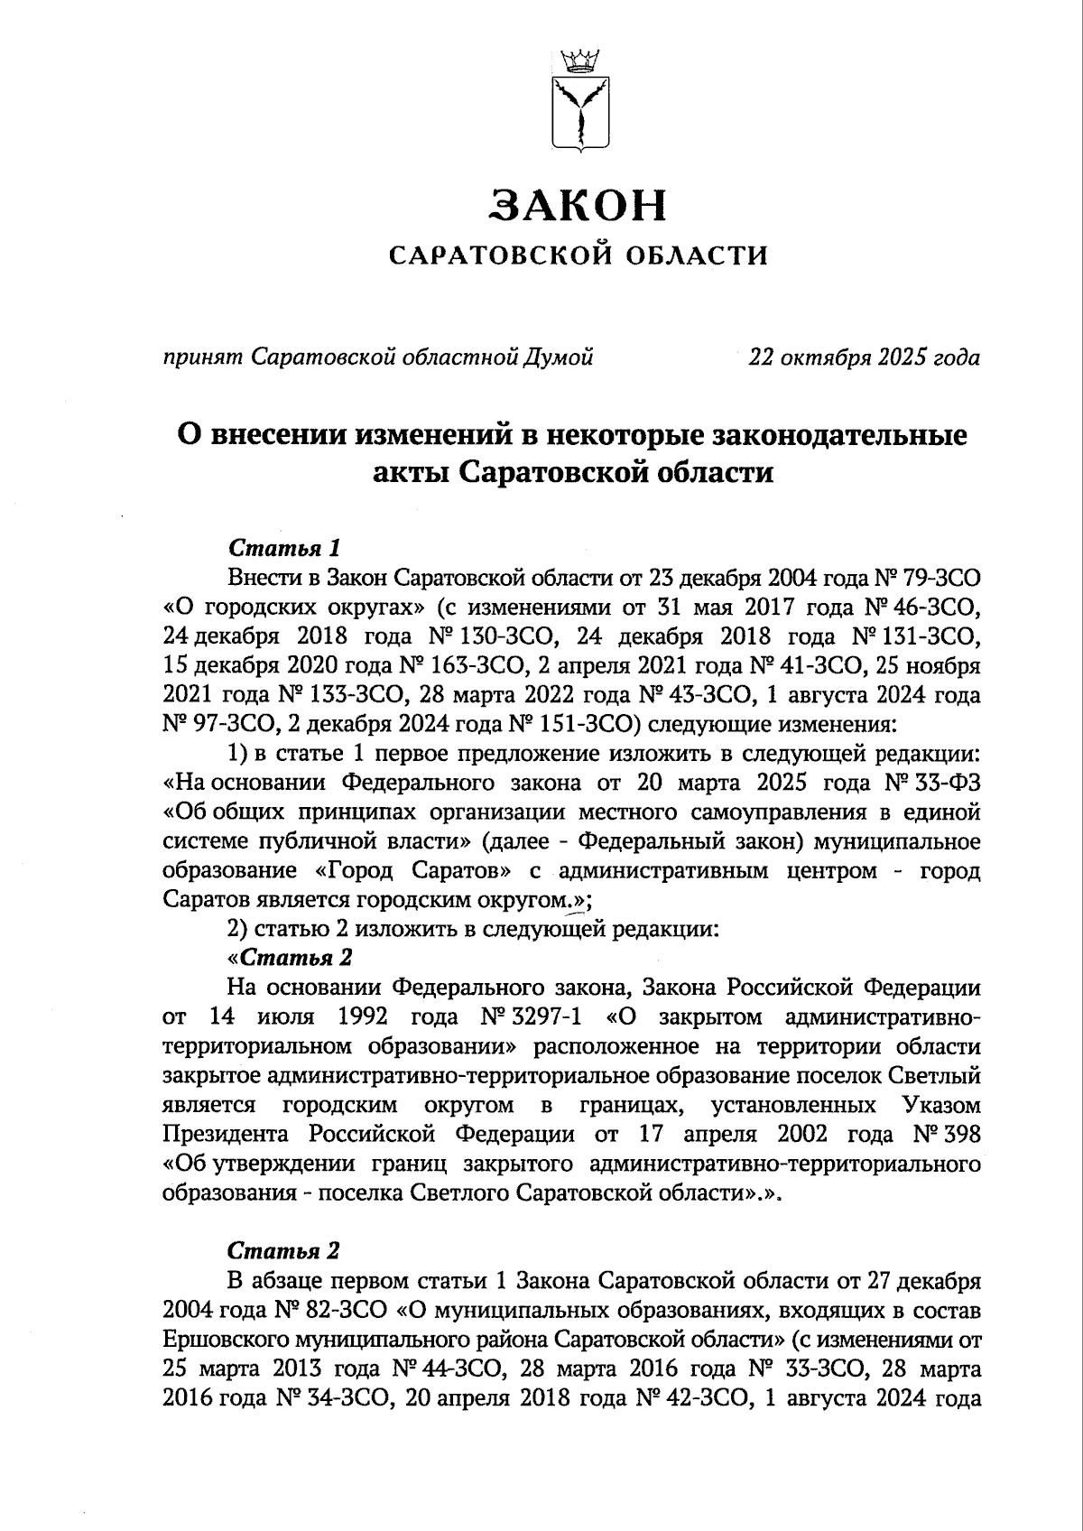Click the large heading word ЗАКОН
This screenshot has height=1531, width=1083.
pos(579,206)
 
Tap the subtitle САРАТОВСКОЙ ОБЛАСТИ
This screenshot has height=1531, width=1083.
pos(579,256)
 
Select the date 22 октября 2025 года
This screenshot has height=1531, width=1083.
pos(864,358)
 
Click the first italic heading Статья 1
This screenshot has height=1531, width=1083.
pos(285,548)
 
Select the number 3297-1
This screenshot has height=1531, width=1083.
pos(546,1017)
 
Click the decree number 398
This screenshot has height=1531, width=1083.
pos(960,1135)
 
